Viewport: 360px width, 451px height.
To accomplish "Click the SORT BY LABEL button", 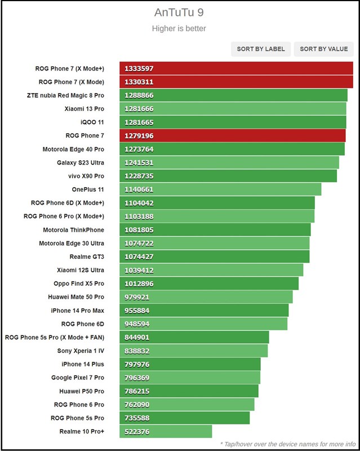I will (261, 49).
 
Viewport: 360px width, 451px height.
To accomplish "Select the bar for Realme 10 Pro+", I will (166, 432).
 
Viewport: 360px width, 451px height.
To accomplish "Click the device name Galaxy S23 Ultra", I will (81, 163).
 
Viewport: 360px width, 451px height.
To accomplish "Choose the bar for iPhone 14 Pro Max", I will (204, 310).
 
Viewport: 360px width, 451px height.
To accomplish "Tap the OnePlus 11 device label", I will (88, 189).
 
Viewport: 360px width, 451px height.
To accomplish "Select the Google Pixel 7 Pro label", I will (78, 378).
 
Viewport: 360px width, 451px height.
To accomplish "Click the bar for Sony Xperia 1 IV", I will (193, 351).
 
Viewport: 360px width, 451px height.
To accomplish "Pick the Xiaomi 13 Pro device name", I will (85, 109).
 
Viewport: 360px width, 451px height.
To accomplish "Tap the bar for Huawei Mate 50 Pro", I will (206, 297).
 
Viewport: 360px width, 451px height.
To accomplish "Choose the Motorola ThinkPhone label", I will (74, 230).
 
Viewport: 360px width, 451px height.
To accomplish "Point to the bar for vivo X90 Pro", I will (228, 176).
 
